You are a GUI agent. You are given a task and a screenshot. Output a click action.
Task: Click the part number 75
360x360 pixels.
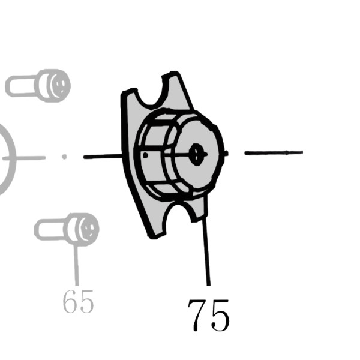(208, 315)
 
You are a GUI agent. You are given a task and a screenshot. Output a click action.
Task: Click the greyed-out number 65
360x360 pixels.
(78, 301)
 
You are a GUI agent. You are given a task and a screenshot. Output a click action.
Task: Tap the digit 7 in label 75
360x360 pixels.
(198, 315)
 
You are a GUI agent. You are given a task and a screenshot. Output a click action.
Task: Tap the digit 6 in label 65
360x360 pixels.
(70, 301)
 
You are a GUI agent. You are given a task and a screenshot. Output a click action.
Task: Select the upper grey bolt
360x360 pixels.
(38, 86)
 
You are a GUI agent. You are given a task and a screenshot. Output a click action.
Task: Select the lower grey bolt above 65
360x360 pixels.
(67, 230)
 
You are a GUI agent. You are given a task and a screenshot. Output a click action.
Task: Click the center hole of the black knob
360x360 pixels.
(196, 154)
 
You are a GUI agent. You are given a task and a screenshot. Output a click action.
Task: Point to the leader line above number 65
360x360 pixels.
(76, 266)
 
